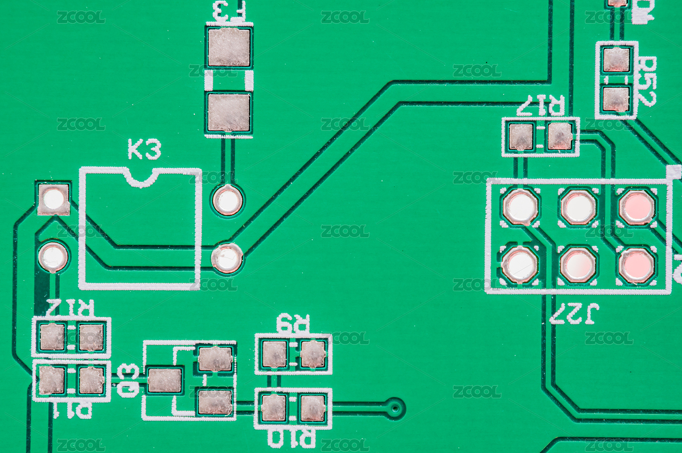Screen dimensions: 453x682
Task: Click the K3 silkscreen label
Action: [144, 149]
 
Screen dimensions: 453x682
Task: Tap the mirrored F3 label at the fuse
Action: [229, 11]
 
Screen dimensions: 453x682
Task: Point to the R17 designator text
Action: [540, 106]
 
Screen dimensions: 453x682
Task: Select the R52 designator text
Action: [647, 81]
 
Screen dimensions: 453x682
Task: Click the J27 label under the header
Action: [574, 313]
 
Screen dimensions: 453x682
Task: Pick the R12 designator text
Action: [69, 308]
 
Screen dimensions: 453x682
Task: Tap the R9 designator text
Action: [293, 323]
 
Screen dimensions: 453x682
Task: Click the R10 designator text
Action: [292, 438]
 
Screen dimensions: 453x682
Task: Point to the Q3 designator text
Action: [128, 380]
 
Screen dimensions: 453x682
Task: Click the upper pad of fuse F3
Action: [229, 47]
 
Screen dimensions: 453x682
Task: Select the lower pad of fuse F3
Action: [228, 112]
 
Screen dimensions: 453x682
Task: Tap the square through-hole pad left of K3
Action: [54, 199]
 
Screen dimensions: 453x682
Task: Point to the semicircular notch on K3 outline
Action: [142, 177]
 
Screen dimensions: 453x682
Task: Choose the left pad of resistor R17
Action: [521, 137]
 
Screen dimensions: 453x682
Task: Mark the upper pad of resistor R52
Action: [617, 60]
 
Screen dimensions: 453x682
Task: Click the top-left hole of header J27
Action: [520, 207]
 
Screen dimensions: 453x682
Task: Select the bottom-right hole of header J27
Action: [637, 265]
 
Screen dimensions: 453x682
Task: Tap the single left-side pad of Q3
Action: [165, 380]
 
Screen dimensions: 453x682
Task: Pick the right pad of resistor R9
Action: [313, 354]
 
